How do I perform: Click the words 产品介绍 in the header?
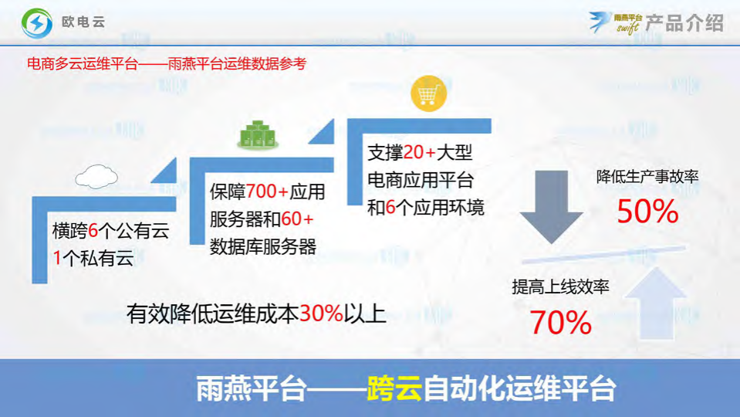pyautogui.click(x=684, y=22)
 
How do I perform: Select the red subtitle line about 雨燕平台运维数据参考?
pyautogui.click(x=166, y=63)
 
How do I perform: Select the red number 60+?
pyautogui.click(x=296, y=219)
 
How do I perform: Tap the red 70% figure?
pyautogui.click(x=560, y=323)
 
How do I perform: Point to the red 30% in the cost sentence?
pyautogui.click(x=321, y=313)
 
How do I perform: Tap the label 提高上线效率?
pyautogui.click(x=560, y=287)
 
